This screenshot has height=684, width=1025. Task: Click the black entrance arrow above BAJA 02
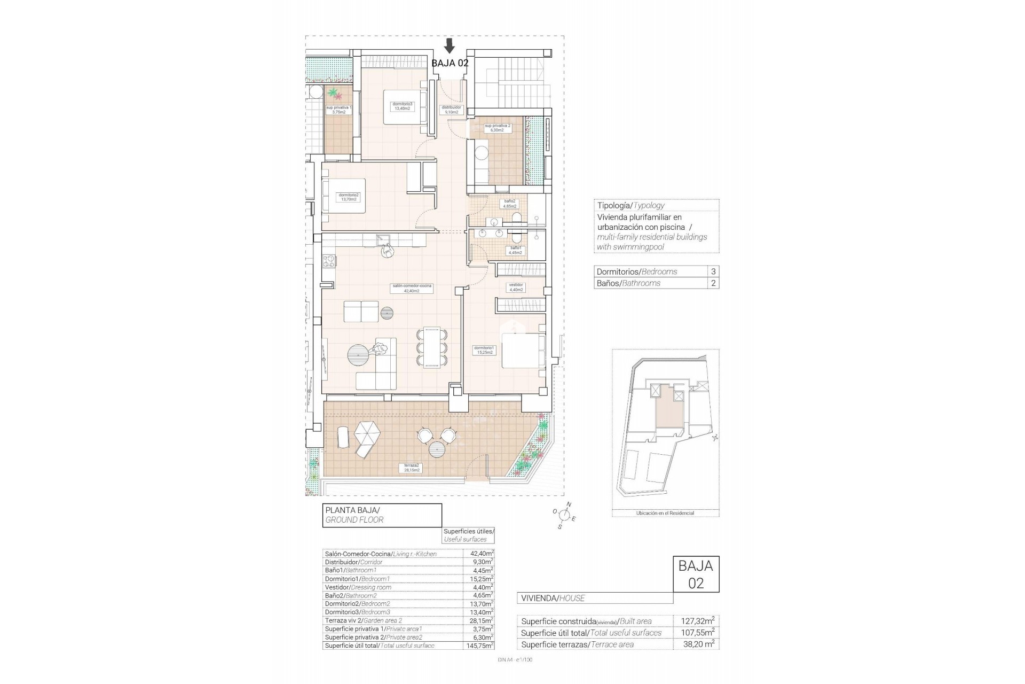click(x=450, y=45)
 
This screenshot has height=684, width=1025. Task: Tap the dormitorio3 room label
click(x=401, y=106)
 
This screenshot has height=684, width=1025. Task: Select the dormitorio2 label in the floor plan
click(x=349, y=197)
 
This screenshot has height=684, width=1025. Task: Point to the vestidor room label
click(x=516, y=287)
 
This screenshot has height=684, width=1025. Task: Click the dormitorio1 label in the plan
click(x=484, y=350)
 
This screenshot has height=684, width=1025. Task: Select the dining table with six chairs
click(x=431, y=347)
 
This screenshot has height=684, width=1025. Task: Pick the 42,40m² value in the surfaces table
click(x=478, y=554)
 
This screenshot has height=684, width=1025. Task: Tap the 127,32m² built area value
click(x=697, y=621)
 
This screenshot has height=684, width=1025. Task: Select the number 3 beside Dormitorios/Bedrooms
click(x=713, y=271)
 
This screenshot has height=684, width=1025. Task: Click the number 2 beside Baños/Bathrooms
click(x=713, y=283)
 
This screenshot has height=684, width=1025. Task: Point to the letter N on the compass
click(x=569, y=504)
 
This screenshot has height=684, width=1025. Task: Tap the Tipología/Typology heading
click(x=630, y=205)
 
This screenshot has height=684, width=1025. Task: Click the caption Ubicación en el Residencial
click(x=665, y=513)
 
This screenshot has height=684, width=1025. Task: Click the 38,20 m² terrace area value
click(x=697, y=644)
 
